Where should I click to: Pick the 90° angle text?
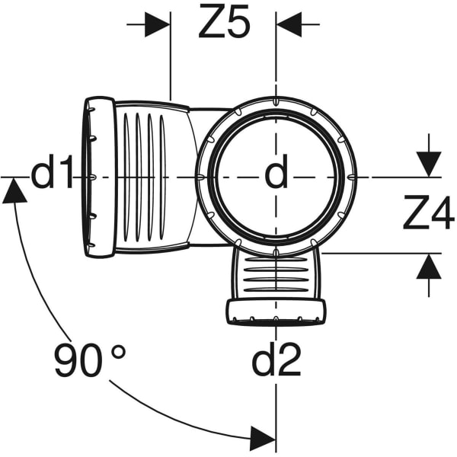pos(90,360)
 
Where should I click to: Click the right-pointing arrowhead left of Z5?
pos(158,24)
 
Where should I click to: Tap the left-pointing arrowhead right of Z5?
pos(289,24)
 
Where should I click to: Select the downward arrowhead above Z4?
pos(428,165)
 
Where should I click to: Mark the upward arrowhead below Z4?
pos(428,267)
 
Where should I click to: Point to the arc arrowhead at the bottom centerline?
pos(263,437)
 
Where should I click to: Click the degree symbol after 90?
pos(119,353)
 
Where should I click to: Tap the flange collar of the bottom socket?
pos(276,312)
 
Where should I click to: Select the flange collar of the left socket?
pos(100,177)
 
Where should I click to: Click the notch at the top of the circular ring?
pos(276,101)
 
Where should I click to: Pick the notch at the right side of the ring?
pos(352,177)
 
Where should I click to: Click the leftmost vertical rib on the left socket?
pos(126,177)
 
